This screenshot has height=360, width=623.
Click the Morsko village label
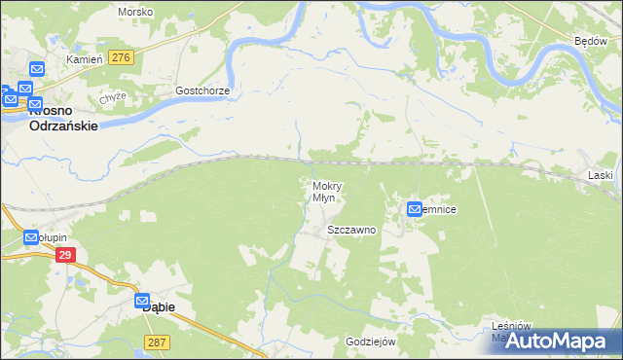pyautogui.click(x=133, y=12)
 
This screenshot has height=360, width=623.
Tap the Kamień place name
pyautogui.click(x=84, y=59)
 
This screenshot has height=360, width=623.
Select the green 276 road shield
pyautogui.click(x=121, y=58)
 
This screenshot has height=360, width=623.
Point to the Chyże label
pyautogui.click(x=113, y=97)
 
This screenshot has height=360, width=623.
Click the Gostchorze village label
pyautogui.click(x=202, y=90)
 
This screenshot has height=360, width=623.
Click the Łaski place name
pyautogui.click(x=601, y=175)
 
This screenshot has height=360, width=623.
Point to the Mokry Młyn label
pyautogui.click(x=324, y=191)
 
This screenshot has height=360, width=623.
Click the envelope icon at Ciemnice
pyautogui.click(x=415, y=209)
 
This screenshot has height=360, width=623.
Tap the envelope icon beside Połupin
pyautogui.click(x=30, y=237)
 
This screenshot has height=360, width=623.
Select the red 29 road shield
pyautogui.click(x=65, y=255)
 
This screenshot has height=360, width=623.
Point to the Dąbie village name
pyautogui.click(x=159, y=306)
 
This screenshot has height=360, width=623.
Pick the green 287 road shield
pyautogui.click(x=156, y=342)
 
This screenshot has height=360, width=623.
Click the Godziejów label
pyautogui.click(x=370, y=342)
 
